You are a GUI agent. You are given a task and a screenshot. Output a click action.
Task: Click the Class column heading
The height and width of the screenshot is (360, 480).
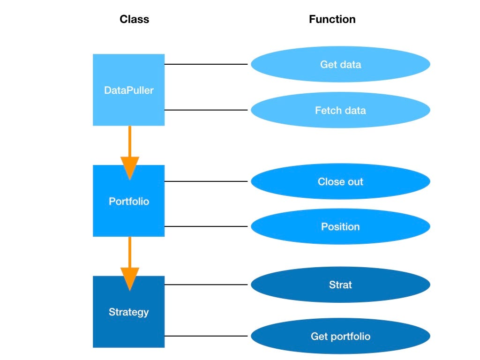134,19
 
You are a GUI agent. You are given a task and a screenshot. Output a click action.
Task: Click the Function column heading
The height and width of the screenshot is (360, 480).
332,19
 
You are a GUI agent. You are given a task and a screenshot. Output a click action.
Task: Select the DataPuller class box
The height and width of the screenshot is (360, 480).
128,90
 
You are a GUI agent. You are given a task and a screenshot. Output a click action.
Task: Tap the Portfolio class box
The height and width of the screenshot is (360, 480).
128,201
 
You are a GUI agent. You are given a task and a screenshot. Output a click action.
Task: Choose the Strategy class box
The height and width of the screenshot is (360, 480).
128,312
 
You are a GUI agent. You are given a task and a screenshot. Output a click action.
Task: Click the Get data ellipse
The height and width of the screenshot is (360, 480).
340,64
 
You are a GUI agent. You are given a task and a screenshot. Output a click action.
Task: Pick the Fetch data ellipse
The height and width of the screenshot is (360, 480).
340,110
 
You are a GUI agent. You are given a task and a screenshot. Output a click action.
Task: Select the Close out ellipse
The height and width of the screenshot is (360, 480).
340,181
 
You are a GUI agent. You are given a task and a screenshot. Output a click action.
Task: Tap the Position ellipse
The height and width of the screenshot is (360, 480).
340,226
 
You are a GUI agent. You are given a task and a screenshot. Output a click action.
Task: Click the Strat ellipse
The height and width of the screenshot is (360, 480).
340,285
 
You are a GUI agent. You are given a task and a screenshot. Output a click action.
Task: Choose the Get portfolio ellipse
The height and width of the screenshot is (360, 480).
340,336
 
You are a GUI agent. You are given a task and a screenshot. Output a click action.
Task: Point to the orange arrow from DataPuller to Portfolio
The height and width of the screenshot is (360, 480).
130,150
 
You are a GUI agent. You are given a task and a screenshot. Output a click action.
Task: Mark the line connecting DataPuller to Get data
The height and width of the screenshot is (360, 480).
206,64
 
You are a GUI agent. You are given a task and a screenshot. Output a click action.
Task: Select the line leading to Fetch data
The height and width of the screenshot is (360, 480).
206,110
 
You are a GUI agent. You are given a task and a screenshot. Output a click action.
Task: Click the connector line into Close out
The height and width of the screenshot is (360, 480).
206,181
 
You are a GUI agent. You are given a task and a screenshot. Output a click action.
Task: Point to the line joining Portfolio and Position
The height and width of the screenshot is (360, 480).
206,226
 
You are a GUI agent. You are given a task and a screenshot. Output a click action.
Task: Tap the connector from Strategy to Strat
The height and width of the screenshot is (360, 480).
206,285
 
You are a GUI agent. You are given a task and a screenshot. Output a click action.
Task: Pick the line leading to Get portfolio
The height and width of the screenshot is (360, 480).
206,336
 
